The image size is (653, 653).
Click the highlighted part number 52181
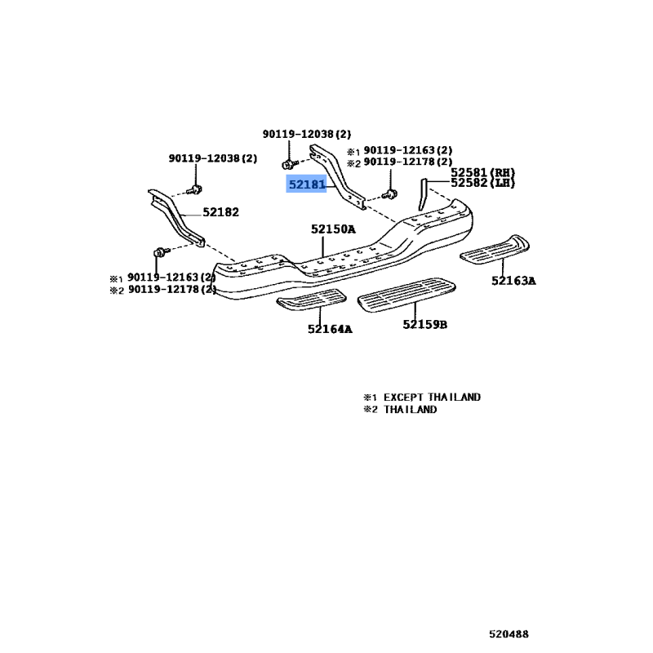(306, 185)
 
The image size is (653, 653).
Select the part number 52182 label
(220, 212)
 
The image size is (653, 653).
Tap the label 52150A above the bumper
(333, 229)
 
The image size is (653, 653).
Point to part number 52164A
(330, 329)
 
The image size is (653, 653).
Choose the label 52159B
(424, 325)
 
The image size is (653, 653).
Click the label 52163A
(513, 281)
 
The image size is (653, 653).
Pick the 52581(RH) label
(483, 172)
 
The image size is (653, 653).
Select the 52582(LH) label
(483, 183)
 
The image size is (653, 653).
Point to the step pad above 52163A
(496, 248)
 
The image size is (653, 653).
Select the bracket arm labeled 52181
(340, 180)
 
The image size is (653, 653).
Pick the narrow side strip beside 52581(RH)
(423, 194)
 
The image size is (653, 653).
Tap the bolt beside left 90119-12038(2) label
(193, 190)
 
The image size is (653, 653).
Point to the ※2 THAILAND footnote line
(400, 409)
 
